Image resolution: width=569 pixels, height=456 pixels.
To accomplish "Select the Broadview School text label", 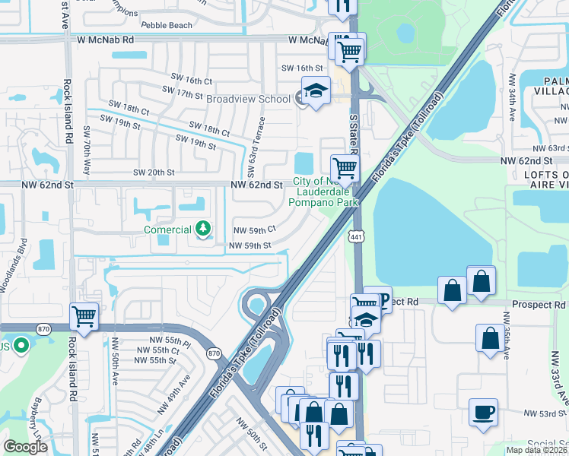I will tap(247, 99).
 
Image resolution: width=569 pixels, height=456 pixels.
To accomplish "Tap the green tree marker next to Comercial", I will tap(203, 228).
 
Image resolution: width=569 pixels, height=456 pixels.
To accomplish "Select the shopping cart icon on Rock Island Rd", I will tap(84, 315).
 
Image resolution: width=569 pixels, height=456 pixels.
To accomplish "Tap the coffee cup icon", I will tap(484, 413).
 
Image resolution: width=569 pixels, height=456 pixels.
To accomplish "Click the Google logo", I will tap(25, 447).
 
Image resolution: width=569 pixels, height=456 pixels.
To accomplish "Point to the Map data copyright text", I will tap(536, 450).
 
